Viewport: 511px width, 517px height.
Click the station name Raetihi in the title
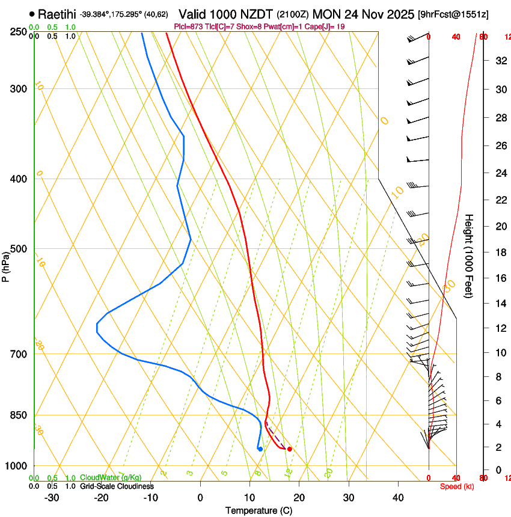coord(57,13)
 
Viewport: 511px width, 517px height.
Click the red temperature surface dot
coord(290,449)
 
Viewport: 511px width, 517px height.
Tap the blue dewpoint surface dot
coord(260,449)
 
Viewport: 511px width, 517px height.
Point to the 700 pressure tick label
coord(19,354)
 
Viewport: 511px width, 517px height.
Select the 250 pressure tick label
coord(19,32)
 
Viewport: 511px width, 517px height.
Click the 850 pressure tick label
coord(19,415)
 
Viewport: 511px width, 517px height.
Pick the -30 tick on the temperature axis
coord(52,498)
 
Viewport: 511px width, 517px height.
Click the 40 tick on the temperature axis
coord(398,498)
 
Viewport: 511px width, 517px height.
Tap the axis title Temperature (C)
coord(259,510)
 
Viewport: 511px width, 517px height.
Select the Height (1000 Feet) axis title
coord(469,255)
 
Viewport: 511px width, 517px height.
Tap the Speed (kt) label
coord(457,486)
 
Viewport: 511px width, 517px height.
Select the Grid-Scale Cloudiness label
coord(117,486)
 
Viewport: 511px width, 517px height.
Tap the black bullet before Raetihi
coord(32,13)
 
